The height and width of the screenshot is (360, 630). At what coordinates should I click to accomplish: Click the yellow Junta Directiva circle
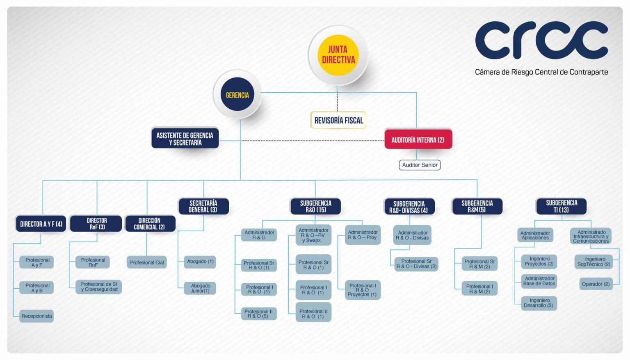tap(338, 55)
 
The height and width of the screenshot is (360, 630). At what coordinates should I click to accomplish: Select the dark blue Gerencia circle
tap(237, 94)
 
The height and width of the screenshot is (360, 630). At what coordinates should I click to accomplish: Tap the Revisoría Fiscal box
tap(338, 120)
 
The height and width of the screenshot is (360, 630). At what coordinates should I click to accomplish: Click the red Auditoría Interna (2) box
tap(418, 139)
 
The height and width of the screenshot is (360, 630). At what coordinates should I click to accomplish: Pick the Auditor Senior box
tap(420, 165)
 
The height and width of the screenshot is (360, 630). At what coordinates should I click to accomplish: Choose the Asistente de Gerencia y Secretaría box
tap(185, 138)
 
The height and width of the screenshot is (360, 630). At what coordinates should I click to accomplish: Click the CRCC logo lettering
tap(541, 40)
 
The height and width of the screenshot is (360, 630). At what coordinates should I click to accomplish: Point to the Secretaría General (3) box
tap(203, 206)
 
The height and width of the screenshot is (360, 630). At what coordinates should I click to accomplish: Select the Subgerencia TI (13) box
tap(562, 206)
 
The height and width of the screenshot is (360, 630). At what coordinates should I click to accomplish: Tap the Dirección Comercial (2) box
tap(150, 223)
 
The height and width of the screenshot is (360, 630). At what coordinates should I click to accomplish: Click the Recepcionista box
tap(37, 316)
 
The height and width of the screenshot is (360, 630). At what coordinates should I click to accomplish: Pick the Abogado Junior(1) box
tap(200, 288)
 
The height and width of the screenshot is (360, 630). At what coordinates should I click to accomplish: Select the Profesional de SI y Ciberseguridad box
tap(99, 287)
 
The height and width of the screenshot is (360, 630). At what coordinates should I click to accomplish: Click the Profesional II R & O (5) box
tap(259, 314)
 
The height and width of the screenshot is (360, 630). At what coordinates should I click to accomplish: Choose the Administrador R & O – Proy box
tap(363, 235)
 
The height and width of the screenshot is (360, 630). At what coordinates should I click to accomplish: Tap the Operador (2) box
tap(596, 284)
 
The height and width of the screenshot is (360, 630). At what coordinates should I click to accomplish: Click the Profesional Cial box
tap(147, 262)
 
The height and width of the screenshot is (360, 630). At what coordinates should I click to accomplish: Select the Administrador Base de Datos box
tap(539, 281)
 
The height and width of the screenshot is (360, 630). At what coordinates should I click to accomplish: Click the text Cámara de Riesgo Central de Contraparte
tap(541, 72)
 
